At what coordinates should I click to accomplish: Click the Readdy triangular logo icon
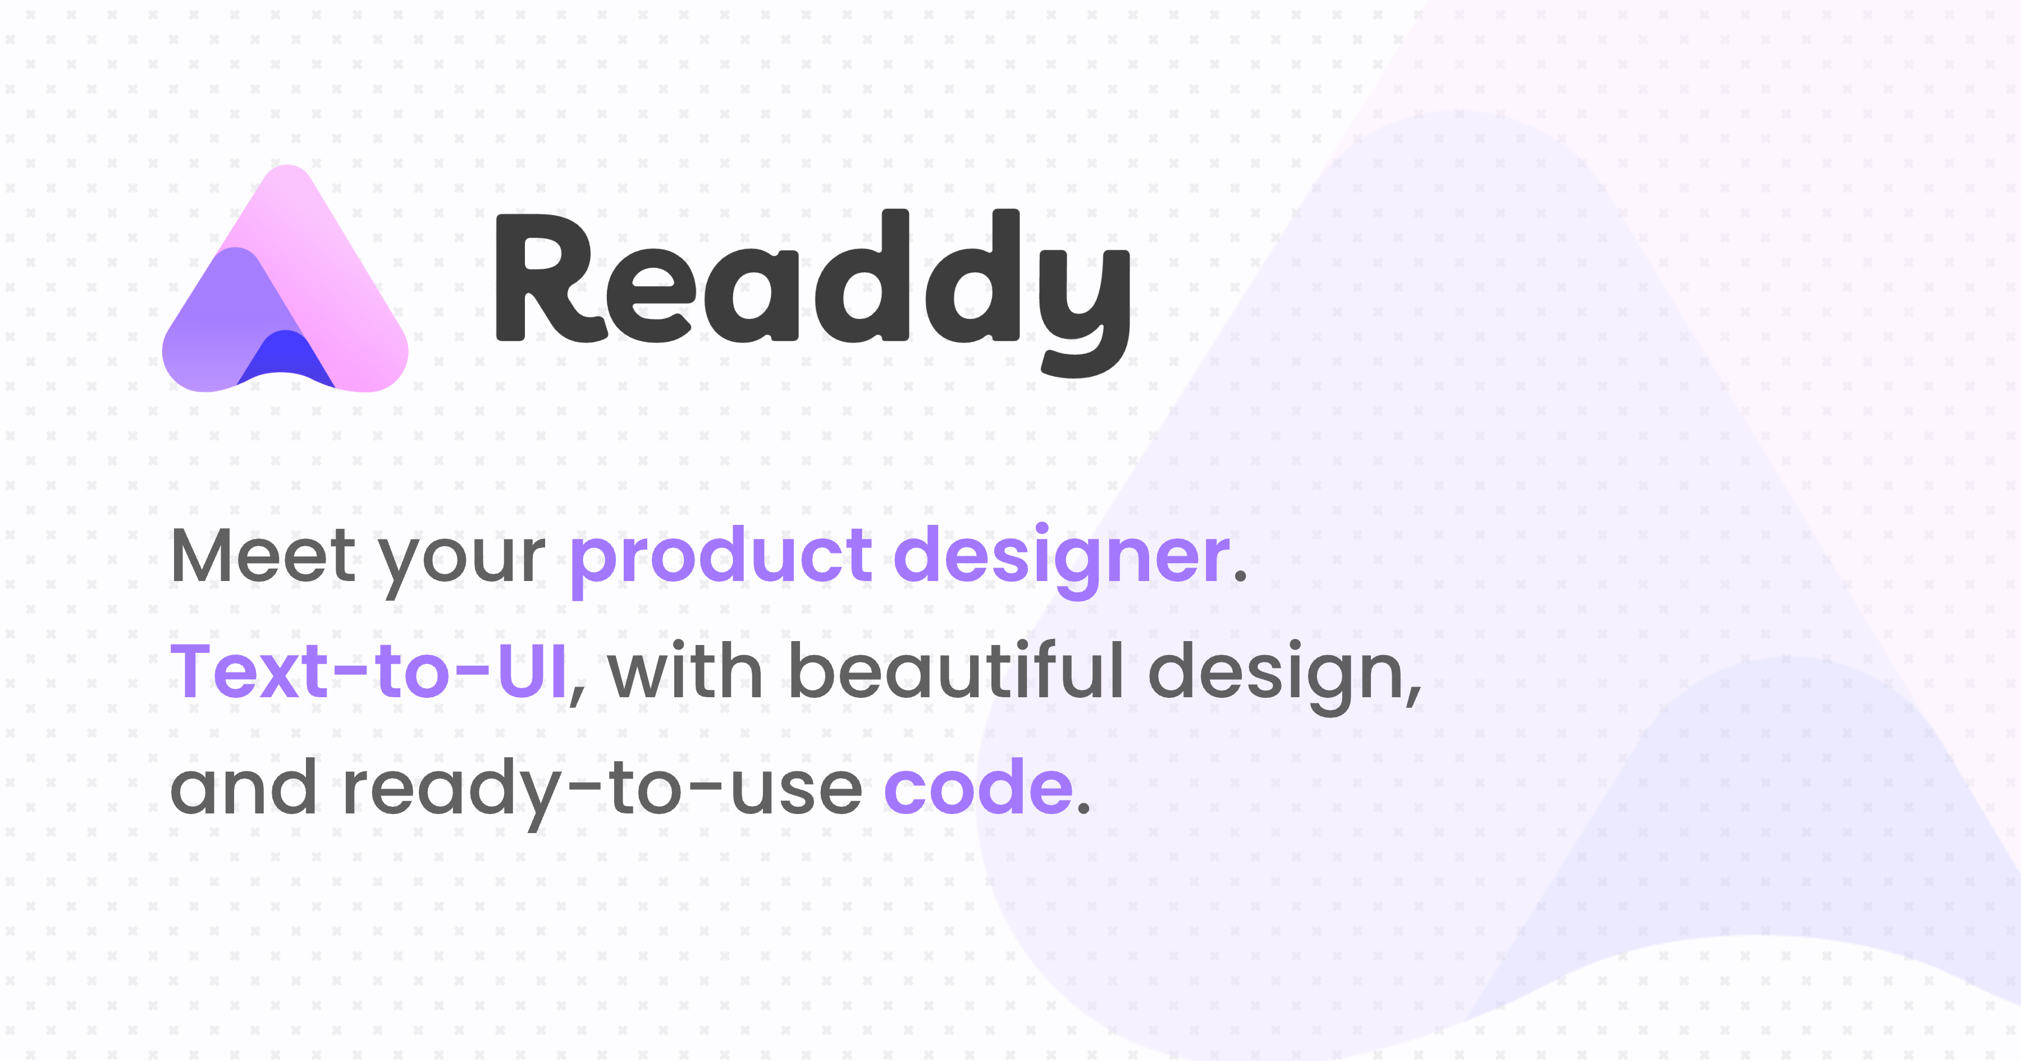tap(284, 282)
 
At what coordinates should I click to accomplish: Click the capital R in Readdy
tap(549, 278)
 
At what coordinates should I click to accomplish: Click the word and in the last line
tap(243, 788)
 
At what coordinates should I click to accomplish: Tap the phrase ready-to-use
tap(602, 789)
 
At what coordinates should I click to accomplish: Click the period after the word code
tap(1083, 811)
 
